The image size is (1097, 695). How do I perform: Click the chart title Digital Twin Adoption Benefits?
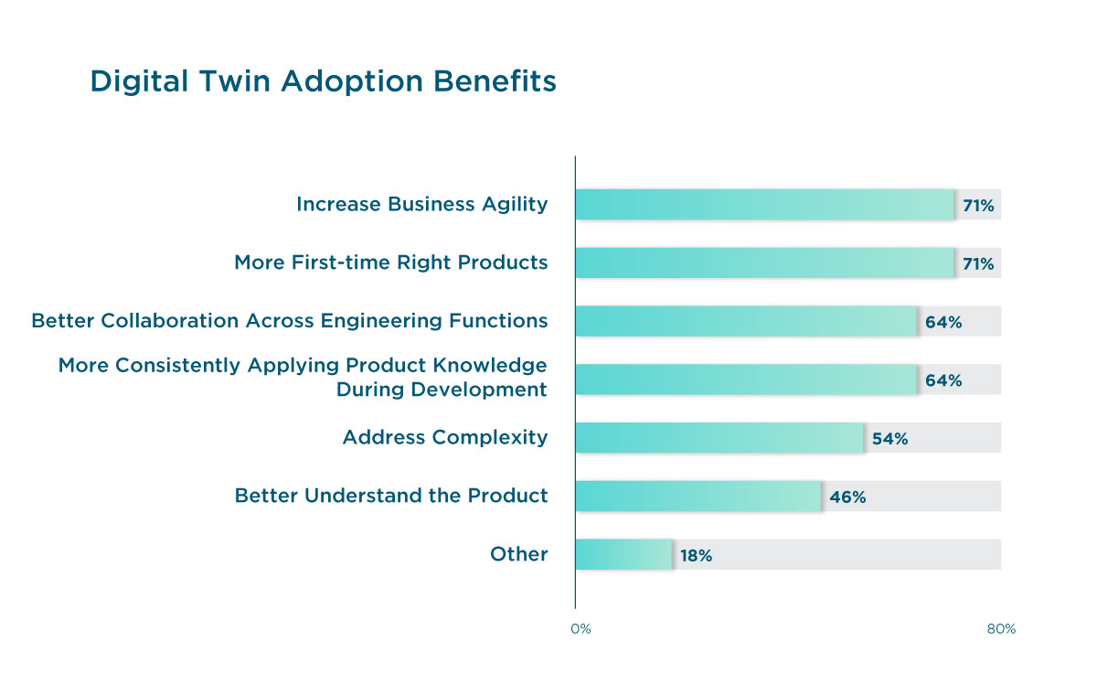pyautogui.click(x=323, y=81)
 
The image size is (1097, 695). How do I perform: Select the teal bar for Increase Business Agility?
pyautogui.click(x=764, y=205)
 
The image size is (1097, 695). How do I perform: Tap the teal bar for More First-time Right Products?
pyautogui.click(x=764, y=263)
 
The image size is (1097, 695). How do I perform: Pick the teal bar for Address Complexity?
pyautogui.click(x=719, y=438)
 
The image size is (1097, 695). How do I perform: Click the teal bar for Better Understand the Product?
pyautogui.click(x=698, y=497)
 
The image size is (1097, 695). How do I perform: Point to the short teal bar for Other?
pyautogui.click(x=623, y=555)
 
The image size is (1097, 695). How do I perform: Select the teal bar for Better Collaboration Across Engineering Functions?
pyautogui.click(x=746, y=322)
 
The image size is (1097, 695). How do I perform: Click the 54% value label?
pyautogui.click(x=889, y=439)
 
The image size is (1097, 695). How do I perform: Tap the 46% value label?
pyautogui.click(x=847, y=497)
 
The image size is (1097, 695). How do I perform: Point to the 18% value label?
pyautogui.click(x=696, y=556)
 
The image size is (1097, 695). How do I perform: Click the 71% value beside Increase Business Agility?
pyautogui.click(x=978, y=206)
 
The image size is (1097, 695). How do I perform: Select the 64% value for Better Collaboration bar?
pyautogui.click(x=943, y=323)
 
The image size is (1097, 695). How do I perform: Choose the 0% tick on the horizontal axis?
pyautogui.click(x=580, y=629)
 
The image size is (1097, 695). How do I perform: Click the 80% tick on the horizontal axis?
pyautogui.click(x=1001, y=629)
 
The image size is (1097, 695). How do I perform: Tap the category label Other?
pyautogui.click(x=518, y=554)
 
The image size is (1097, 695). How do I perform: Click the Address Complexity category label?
pyautogui.click(x=444, y=437)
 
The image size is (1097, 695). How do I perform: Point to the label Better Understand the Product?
pyautogui.click(x=391, y=496)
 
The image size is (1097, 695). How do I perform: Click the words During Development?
pyautogui.click(x=442, y=390)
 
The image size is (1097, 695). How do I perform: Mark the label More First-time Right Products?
pyautogui.click(x=391, y=263)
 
